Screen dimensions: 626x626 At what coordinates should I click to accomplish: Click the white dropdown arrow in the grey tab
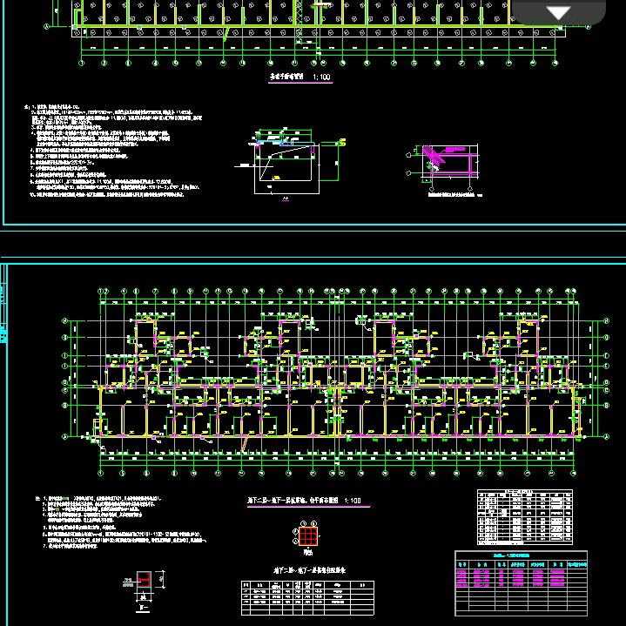click(557, 12)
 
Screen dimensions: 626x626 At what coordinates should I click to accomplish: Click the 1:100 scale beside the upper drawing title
click(322, 77)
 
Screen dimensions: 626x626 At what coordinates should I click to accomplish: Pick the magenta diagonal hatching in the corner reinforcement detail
click(438, 156)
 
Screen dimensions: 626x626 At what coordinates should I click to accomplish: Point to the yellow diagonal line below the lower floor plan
click(247, 443)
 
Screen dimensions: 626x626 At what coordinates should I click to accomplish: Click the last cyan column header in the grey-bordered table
click(576, 565)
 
